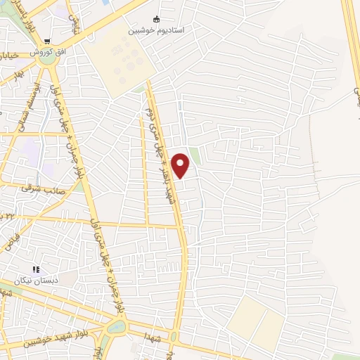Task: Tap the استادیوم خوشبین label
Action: click(x=155, y=32)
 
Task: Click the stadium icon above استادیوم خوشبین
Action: click(x=155, y=20)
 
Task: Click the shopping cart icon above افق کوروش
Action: click(x=48, y=42)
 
